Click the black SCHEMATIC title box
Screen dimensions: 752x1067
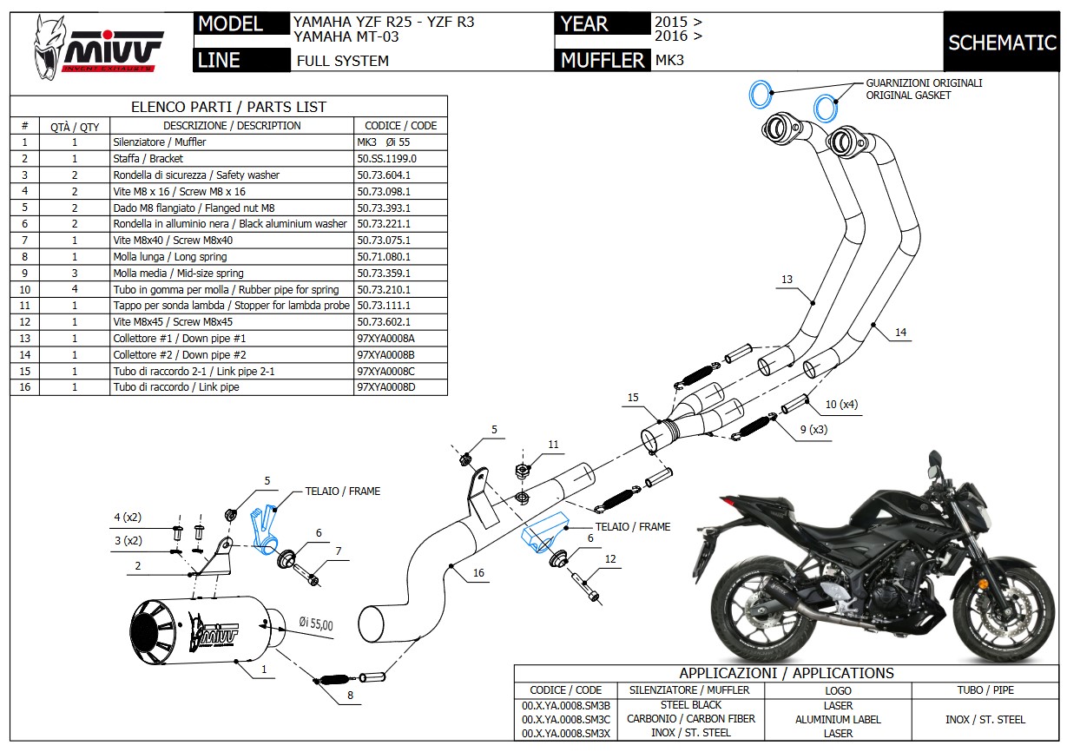(x=1002, y=43)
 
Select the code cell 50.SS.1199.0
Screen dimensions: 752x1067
(x=386, y=159)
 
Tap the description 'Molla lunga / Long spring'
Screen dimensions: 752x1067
(x=170, y=257)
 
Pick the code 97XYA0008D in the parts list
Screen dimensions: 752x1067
(x=386, y=387)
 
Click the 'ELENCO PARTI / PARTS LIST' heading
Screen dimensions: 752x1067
(x=228, y=107)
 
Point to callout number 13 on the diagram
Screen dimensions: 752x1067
(x=787, y=280)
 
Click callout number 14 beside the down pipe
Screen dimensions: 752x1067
(x=900, y=333)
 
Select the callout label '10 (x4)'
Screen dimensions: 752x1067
(x=840, y=404)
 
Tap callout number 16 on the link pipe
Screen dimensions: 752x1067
(x=478, y=572)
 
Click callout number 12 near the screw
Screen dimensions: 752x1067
(x=610, y=559)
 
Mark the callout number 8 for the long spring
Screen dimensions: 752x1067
(x=350, y=695)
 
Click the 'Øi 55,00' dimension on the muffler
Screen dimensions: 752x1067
(x=316, y=623)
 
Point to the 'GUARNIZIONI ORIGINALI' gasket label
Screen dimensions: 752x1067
(x=924, y=83)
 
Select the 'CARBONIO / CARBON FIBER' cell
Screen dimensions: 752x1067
(x=691, y=719)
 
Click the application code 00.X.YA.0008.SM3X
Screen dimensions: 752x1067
(x=565, y=733)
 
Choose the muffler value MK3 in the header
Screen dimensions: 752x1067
(x=669, y=61)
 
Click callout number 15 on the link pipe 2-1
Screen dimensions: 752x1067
(x=634, y=398)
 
